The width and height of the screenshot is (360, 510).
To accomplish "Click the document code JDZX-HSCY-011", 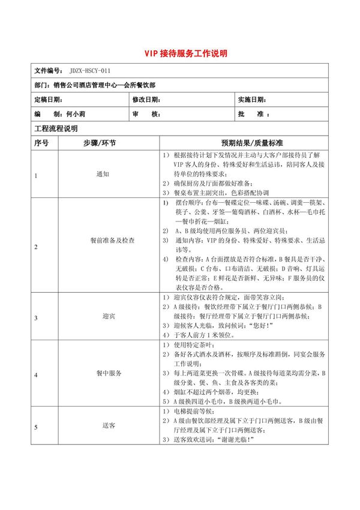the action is click(x=89, y=70).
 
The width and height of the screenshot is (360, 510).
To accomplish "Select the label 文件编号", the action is click(x=49, y=70).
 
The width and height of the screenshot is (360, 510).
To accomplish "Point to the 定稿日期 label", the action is click(x=48, y=99).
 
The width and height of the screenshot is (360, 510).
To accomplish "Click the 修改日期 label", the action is click(x=146, y=99).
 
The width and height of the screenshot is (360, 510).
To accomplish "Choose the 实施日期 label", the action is click(x=251, y=99).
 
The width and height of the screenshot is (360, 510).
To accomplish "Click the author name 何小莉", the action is click(x=76, y=113).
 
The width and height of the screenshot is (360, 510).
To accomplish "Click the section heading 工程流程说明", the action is click(x=56, y=128).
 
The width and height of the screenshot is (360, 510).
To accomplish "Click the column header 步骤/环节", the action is click(x=100, y=143).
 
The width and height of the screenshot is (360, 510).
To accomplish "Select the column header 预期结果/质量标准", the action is click(x=243, y=143).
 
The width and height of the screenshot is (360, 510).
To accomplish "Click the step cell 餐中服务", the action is click(x=109, y=373).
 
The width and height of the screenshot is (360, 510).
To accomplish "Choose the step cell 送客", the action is click(x=109, y=425).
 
